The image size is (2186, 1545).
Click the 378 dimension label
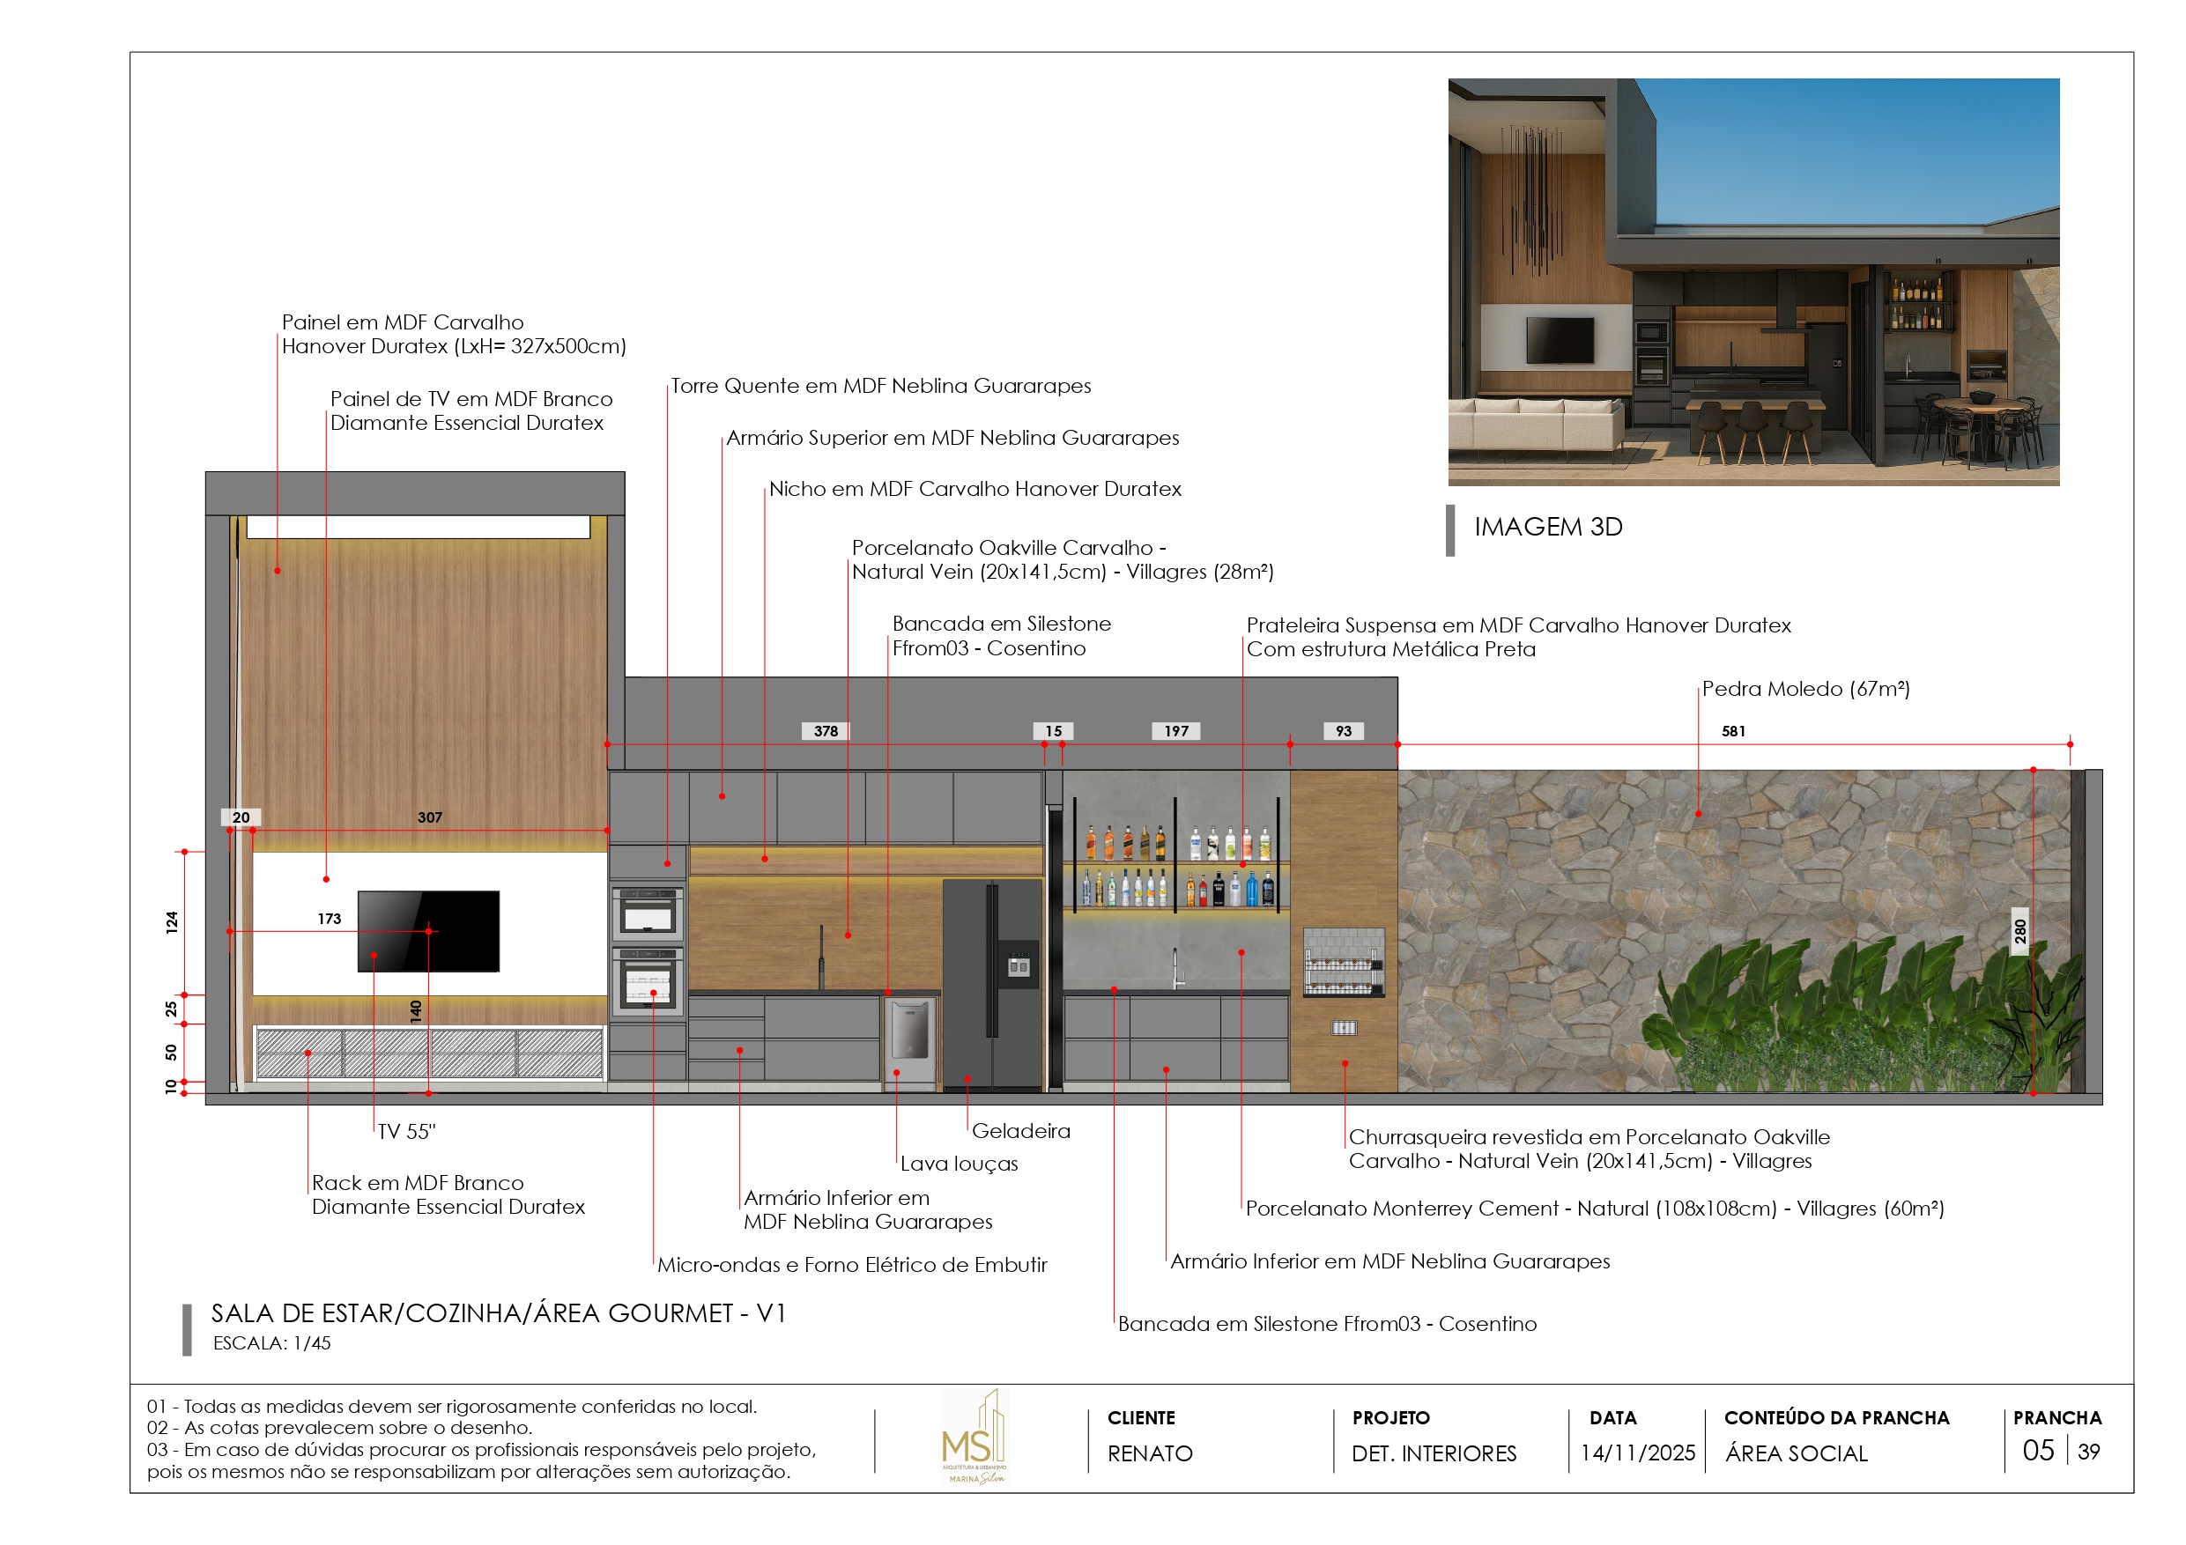point(826,731)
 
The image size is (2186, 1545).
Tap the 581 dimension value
point(1733,731)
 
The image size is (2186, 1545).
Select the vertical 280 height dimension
point(2019,930)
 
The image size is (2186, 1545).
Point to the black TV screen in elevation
point(428,931)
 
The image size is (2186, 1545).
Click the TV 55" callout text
point(406,1132)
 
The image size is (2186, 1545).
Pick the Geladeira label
point(1020,1131)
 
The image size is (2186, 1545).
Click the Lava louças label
point(959,1164)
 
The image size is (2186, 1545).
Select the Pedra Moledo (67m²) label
point(1805,688)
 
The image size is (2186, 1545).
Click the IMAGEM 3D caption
point(1548,527)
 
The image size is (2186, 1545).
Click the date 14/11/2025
point(1638,1453)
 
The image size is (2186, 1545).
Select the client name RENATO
point(1149,1453)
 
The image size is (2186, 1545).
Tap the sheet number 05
point(2037,1451)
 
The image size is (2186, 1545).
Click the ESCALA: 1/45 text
point(271,1343)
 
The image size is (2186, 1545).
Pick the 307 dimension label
point(429,817)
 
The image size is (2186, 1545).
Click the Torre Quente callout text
point(881,386)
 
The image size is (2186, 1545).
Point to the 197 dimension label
point(1176,731)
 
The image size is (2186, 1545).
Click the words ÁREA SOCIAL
point(1796,1453)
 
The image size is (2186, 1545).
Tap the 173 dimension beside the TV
point(330,919)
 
